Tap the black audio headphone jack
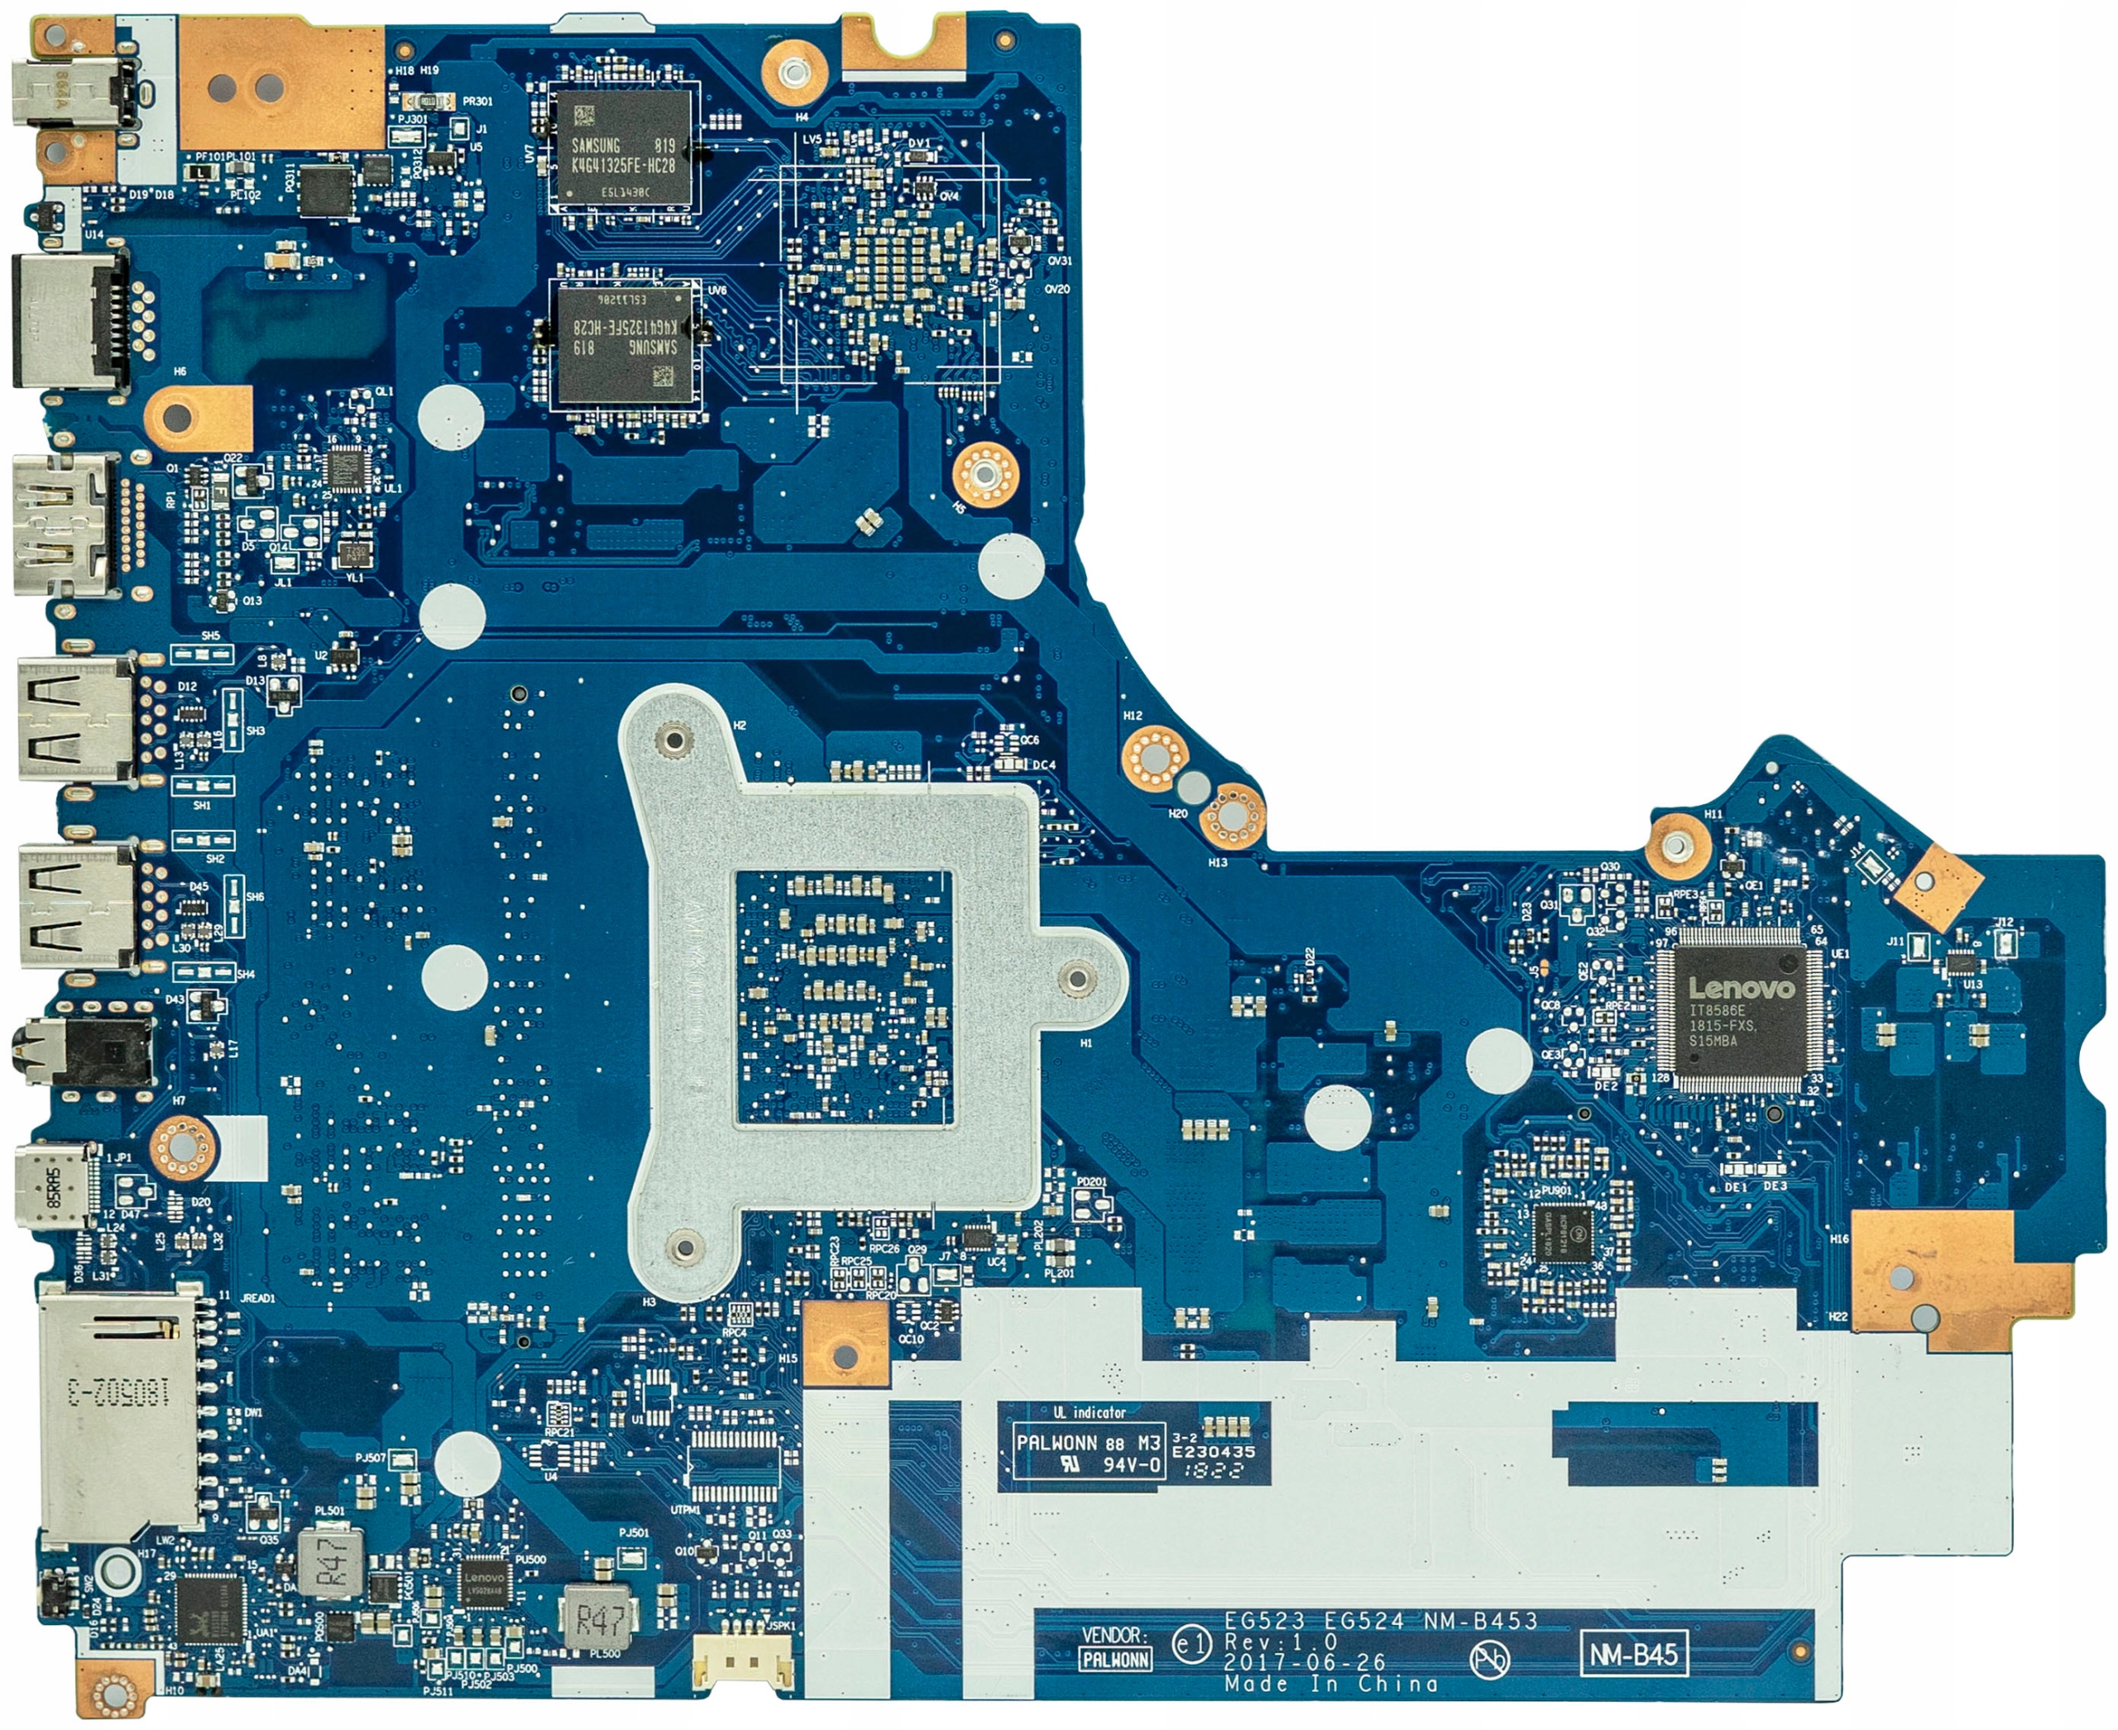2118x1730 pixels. click(84, 1051)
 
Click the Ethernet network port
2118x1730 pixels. click(69, 319)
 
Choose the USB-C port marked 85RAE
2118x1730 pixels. click(55, 1194)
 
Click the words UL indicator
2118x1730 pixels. click(1090, 1411)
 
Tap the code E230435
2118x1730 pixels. click(1213, 1452)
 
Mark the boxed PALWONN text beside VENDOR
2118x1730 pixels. click(1115, 1659)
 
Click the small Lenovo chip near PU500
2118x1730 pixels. click(484, 1585)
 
